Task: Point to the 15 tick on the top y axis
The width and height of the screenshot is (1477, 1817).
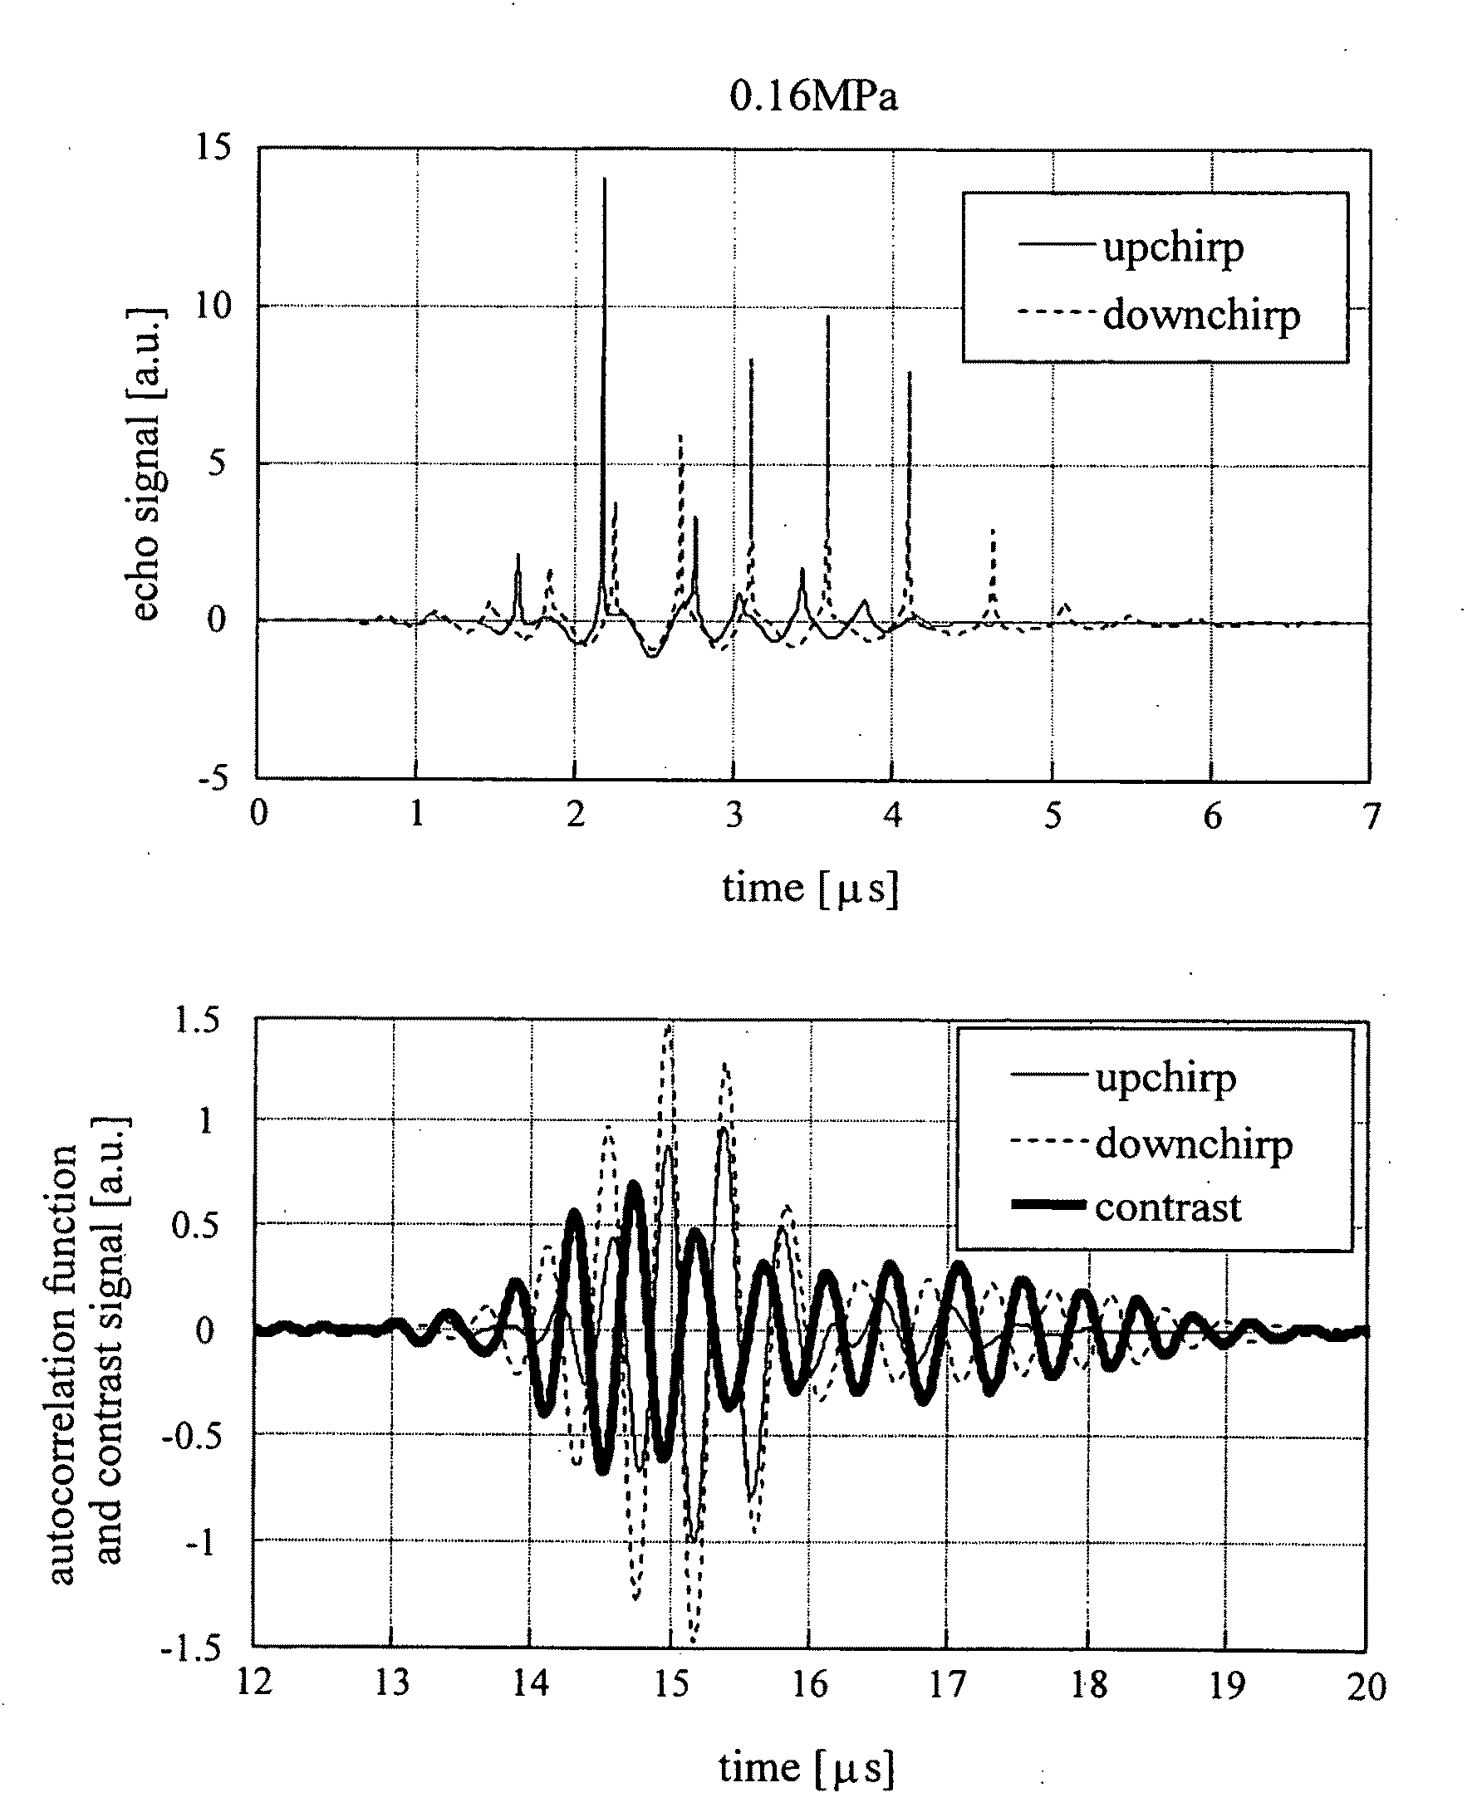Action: (213, 147)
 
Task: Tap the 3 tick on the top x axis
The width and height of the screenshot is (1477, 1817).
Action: (734, 815)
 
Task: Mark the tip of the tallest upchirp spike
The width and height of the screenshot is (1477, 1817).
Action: (604, 179)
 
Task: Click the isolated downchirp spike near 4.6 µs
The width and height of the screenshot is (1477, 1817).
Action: (992, 531)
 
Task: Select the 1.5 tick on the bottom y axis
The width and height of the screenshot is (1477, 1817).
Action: (197, 1020)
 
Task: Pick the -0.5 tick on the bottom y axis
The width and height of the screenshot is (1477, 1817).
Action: (191, 1437)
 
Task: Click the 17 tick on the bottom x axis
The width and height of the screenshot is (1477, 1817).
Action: (947, 1682)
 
